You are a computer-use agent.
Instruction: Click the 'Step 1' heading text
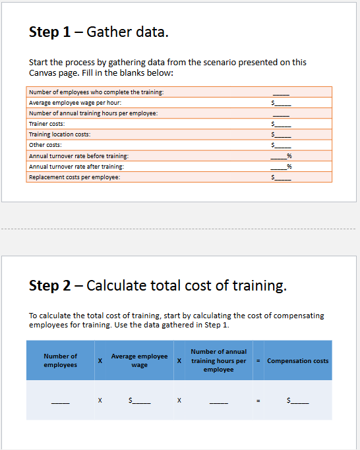click(99, 32)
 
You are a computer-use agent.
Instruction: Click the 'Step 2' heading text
click(158, 285)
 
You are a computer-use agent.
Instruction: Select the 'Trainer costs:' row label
click(47, 124)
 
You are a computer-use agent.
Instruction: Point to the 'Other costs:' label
click(45, 145)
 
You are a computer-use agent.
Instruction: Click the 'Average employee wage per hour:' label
click(75, 103)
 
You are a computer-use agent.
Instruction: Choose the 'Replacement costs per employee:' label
click(75, 177)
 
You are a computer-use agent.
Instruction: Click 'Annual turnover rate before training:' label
click(78, 156)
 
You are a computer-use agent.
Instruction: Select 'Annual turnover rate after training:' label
click(76, 167)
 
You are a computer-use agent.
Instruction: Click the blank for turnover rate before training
click(280, 156)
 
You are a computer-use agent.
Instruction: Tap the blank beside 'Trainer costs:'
click(282, 124)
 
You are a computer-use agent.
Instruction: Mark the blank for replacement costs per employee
click(282, 177)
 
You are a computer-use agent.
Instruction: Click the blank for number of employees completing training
click(281, 92)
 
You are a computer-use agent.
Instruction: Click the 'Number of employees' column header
click(60, 360)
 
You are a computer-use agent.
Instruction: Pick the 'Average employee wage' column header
click(139, 360)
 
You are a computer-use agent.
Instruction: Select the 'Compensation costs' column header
click(297, 360)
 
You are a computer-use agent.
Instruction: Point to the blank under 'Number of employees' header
click(60, 401)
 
